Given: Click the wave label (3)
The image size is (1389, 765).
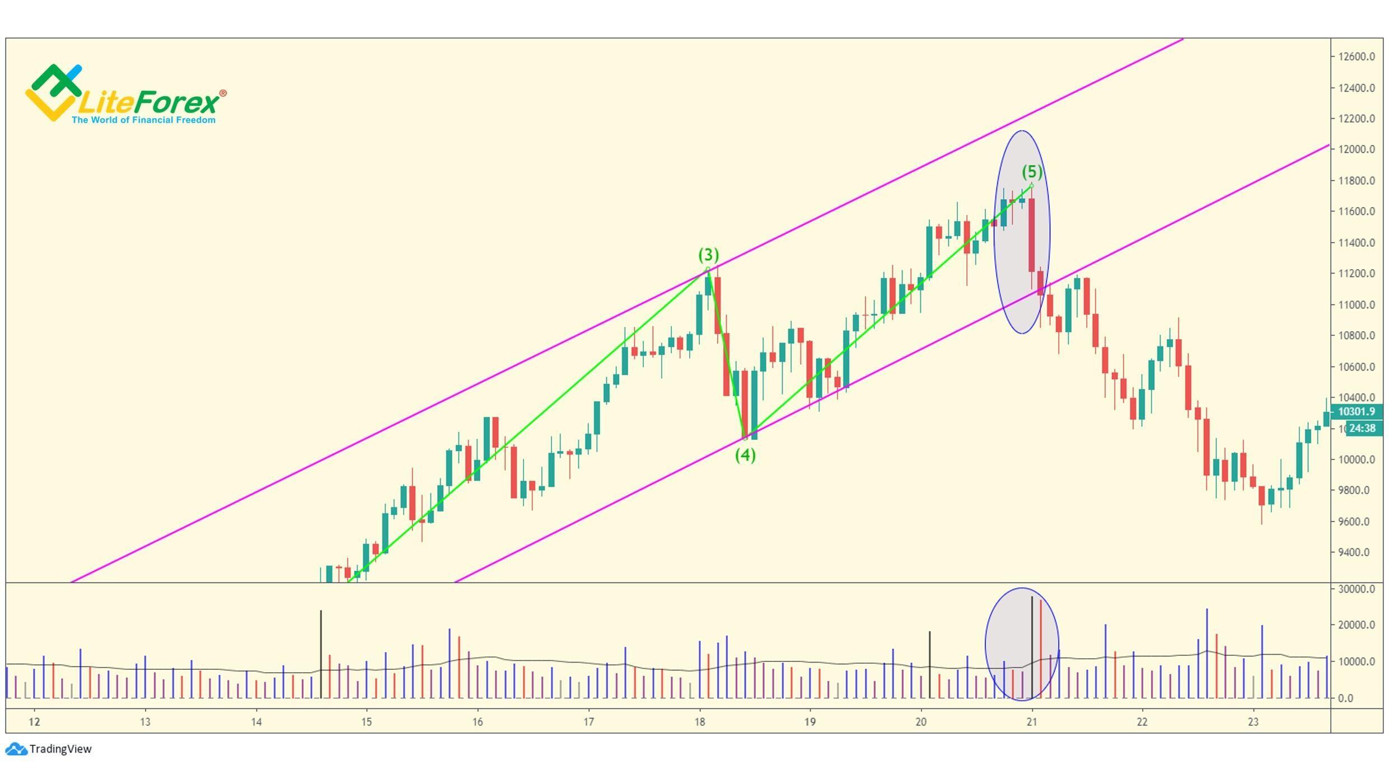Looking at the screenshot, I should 708,255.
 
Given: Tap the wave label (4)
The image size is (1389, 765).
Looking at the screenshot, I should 745,456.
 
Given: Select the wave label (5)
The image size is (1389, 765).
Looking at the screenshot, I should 1032,172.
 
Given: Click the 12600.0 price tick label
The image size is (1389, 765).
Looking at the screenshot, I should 1357,57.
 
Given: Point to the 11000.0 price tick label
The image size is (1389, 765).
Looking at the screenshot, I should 1357,305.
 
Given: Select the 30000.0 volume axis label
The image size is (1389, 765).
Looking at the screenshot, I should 1357,589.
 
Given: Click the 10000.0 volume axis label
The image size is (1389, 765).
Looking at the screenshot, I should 1357,662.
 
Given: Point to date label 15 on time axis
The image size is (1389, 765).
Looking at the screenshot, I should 366,722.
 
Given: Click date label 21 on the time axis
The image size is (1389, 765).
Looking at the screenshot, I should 1032,722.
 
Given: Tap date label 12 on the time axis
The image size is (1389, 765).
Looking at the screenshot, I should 34,722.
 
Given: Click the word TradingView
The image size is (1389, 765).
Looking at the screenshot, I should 60,749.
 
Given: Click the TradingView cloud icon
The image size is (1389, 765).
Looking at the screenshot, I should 16,749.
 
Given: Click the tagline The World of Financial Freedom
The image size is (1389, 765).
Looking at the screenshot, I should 143,120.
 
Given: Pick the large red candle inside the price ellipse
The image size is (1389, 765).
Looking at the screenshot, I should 1031,235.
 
